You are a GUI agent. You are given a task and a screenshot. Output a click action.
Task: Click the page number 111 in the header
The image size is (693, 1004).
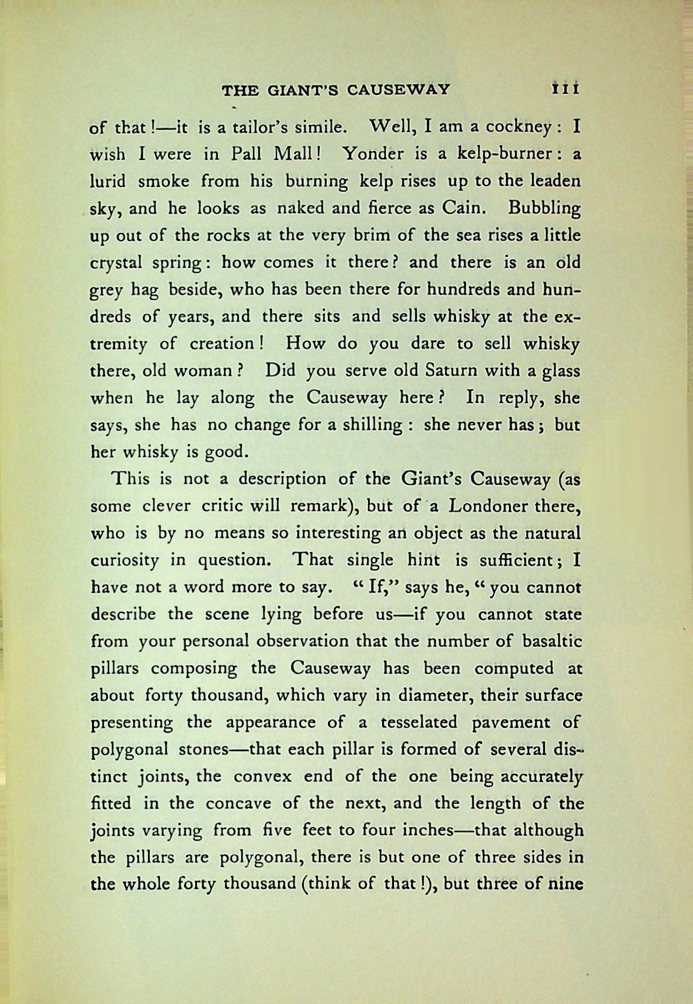(x=565, y=90)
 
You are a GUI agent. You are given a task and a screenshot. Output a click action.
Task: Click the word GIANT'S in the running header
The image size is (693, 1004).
(x=299, y=90)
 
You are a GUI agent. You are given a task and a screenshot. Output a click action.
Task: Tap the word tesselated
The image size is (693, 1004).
(x=419, y=722)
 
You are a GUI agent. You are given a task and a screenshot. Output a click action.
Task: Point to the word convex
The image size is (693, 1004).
(x=262, y=776)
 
